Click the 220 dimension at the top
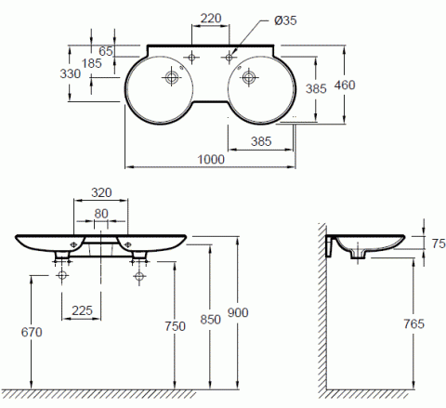(x=211, y=18)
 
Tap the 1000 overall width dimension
(x=211, y=159)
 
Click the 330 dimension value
(x=72, y=74)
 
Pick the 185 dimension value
(x=93, y=63)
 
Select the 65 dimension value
(x=105, y=52)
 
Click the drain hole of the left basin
(x=170, y=77)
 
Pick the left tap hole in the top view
(x=192, y=58)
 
